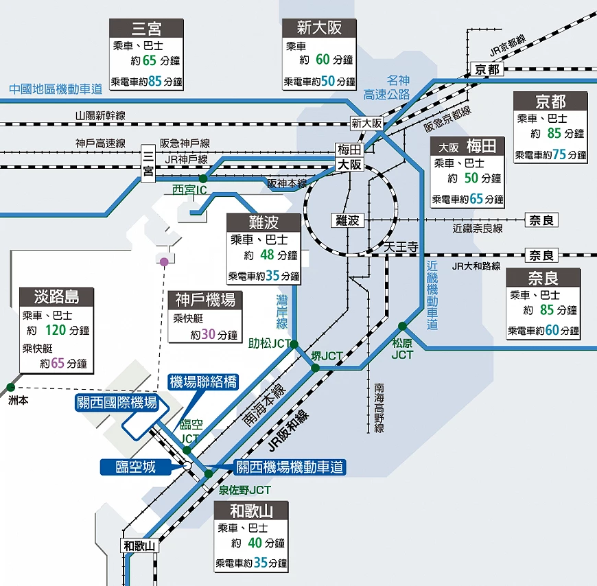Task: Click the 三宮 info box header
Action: (x=146, y=28)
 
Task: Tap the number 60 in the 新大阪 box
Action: (x=323, y=59)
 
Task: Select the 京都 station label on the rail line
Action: (x=487, y=69)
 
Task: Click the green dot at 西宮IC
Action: (x=203, y=178)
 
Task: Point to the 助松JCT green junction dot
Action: (x=294, y=344)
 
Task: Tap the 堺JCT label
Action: (x=327, y=356)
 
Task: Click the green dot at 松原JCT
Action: (x=402, y=326)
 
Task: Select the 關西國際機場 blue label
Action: (x=116, y=403)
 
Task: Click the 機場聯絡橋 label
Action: (x=203, y=382)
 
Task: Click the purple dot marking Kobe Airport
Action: (x=164, y=261)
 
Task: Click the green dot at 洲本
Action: (x=10, y=387)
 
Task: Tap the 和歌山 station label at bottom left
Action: (x=140, y=546)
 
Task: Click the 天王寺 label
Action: (x=401, y=246)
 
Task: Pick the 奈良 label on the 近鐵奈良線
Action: (x=541, y=220)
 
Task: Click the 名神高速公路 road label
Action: (x=387, y=87)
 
